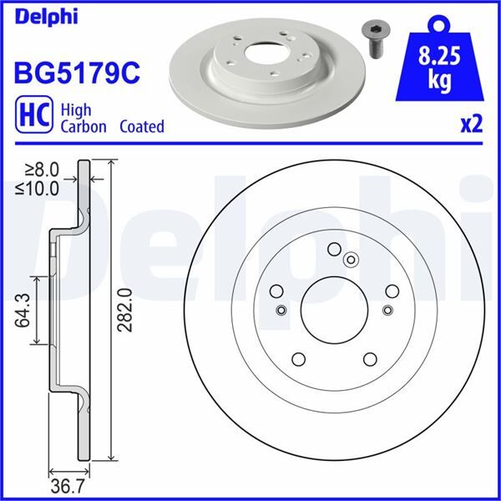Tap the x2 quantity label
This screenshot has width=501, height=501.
[x=472, y=125]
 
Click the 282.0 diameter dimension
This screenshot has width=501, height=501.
[x=126, y=309]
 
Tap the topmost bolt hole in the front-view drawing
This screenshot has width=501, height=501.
[x=334, y=249]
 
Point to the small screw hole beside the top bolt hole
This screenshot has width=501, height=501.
[x=351, y=259]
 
